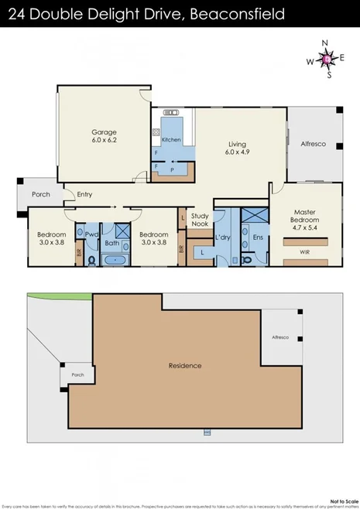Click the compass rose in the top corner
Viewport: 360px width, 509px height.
tap(327, 59)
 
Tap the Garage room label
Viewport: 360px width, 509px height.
tap(105, 132)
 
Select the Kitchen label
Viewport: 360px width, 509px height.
tap(171, 139)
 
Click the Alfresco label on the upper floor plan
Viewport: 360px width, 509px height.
tap(314, 144)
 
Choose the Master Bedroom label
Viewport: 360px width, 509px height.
tap(306, 216)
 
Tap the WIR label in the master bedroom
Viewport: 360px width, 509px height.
tap(305, 251)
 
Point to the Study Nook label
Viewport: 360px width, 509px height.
tap(201, 220)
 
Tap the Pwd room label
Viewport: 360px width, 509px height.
tap(91, 234)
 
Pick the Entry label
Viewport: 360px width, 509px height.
tap(84, 195)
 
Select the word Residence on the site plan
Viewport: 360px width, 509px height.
tap(185, 365)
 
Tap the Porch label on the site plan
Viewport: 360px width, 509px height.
tap(77, 374)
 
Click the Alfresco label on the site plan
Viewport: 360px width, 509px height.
tap(279, 337)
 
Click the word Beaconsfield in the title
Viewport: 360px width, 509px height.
tap(238, 14)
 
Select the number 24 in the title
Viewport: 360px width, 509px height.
tap(16, 14)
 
